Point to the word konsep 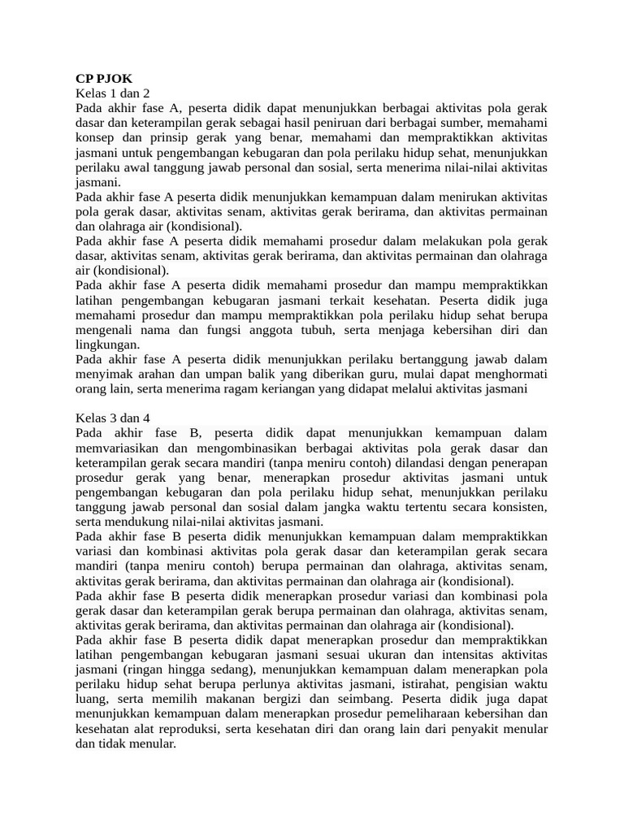click(x=95, y=138)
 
